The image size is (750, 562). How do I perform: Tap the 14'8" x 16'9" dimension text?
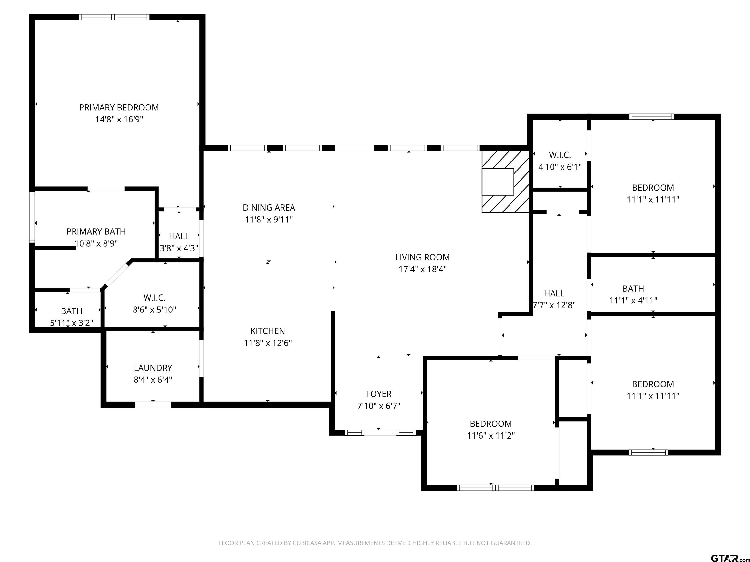coord(119,119)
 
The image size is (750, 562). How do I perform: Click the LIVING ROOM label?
coord(422,257)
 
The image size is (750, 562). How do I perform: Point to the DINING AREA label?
coord(269,207)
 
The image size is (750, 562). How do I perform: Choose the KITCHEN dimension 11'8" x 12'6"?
coord(268,343)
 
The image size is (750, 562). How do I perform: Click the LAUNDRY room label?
coord(153,368)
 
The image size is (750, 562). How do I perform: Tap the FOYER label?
coord(378,394)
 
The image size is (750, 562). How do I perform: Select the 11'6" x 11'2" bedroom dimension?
coord(491,435)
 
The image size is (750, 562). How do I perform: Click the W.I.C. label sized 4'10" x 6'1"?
coord(560,155)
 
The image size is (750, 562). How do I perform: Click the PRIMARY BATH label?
coord(96,231)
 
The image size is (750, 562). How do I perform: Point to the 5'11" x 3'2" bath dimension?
coord(72,323)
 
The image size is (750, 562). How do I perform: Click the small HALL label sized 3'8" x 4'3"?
coord(179,236)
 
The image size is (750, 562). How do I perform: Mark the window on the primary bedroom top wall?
coord(114,17)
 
